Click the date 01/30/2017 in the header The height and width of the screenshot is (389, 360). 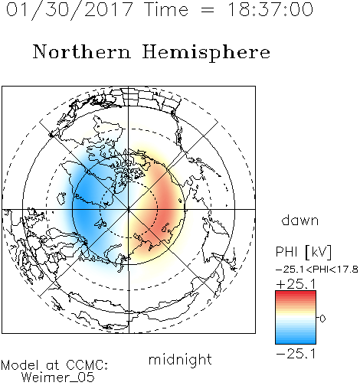[70, 9]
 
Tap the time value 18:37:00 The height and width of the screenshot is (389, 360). [270, 9]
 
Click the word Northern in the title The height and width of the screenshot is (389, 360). [82, 51]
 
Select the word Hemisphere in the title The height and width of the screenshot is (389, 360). [206, 53]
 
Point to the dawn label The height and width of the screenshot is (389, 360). [300, 221]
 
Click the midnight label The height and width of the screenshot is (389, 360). [180, 360]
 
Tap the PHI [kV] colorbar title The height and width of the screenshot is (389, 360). [303, 252]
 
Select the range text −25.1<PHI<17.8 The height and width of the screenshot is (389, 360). [316, 270]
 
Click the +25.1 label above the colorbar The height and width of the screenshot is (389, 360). [296, 284]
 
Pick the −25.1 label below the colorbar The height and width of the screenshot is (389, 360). [296, 354]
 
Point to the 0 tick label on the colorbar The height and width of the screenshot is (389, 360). [322, 319]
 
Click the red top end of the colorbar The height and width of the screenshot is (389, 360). [296, 293]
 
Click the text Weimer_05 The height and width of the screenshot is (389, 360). [58, 378]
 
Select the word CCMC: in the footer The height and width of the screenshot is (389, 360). [87, 365]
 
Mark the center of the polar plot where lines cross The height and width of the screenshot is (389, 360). [129, 209]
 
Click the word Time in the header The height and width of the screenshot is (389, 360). [166, 9]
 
